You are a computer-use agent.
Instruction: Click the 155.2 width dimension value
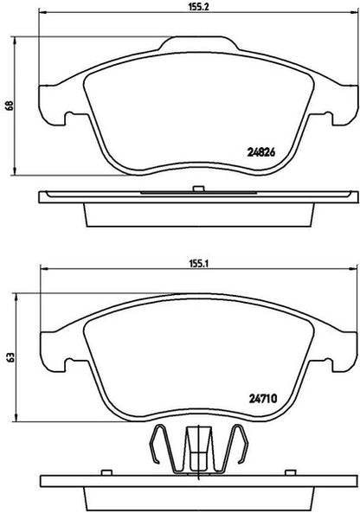[198, 7]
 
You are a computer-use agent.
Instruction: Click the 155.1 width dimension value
[198, 264]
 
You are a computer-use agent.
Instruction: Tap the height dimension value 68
[10, 106]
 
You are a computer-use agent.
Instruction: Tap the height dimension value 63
[11, 357]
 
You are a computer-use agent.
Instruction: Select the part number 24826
[260, 152]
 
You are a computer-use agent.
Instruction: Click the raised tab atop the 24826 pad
[199, 44]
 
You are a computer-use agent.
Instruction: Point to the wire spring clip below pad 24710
[199, 448]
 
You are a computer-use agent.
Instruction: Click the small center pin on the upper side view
[199, 189]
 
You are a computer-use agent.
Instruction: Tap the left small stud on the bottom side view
[106, 472]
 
